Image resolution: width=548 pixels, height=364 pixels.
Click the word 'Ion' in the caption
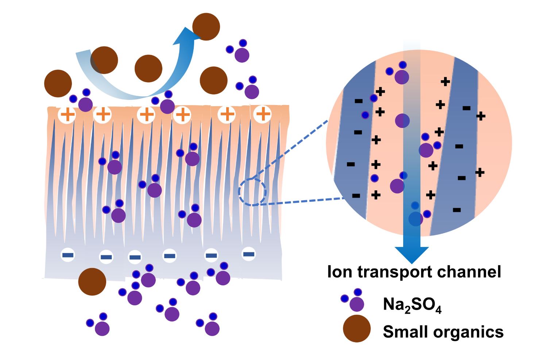click(x=340, y=272)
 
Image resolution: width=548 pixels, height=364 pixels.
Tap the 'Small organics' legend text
click(x=443, y=332)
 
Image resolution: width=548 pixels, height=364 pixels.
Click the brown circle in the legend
click(x=356, y=329)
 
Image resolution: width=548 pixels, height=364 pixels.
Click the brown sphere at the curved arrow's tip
click(x=206, y=27)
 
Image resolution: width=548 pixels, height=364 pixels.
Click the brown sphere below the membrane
click(x=92, y=282)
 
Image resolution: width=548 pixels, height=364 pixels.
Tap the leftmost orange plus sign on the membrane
click(x=67, y=115)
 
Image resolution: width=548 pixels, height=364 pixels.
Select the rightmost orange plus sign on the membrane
click(x=262, y=114)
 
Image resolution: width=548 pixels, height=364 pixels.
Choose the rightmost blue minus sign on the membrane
click(x=249, y=254)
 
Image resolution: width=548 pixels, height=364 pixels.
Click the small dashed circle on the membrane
click(x=252, y=192)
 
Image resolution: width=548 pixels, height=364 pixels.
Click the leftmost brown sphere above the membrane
click(x=58, y=84)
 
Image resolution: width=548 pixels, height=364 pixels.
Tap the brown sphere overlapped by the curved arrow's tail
click(x=104, y=60)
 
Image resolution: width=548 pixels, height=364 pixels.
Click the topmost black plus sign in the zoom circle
click(x=445, y=81)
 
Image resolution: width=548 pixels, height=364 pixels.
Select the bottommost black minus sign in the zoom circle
click(x=456, y=210)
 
